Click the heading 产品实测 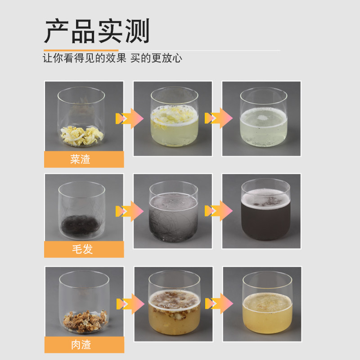tap(97, 31)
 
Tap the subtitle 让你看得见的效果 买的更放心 tap(112, 58)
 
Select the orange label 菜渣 tap(84, 159)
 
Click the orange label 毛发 tap(84, 249)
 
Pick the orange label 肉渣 tap(84, 345)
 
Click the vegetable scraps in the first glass tap(82, 135)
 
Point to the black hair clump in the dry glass tap(81, 225)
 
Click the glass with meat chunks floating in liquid tap(174, 302)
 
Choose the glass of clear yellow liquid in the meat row tap(267, 302)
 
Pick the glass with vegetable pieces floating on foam tap(174, 117)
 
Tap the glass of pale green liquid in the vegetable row tap(264, 117)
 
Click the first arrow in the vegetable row tap(130, 118)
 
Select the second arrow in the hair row tap(219, 211)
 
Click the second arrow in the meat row tap(219, 303)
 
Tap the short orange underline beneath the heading tap(81, 50)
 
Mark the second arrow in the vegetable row tap(219, 118)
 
